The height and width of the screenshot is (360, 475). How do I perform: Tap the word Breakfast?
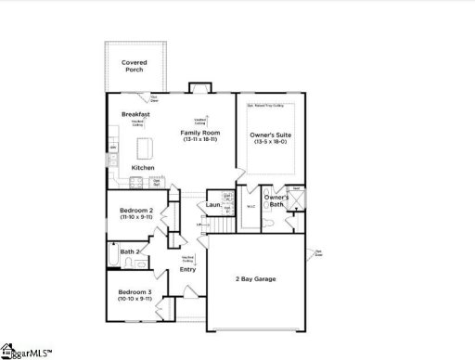(x=135, y=114)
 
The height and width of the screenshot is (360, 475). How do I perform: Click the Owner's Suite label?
(x=269, y=135)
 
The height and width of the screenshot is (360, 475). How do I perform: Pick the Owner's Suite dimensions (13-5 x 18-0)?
(x=269, y=142)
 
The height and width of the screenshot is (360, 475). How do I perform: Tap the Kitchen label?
(x=142, y=167)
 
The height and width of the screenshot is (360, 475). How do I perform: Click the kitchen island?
(x=145, y=147)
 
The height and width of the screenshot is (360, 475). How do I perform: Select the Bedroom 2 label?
(x=136, y=211)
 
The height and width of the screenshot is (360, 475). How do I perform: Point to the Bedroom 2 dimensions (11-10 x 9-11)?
(x=136, y=219)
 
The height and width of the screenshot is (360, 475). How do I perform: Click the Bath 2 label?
(x=130, y=251)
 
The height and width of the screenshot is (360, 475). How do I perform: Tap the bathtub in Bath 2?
(x=113, y=251)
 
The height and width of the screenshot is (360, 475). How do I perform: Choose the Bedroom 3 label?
(x=135, y=292)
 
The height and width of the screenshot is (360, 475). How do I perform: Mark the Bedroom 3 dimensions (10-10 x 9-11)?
(x=135, y=300)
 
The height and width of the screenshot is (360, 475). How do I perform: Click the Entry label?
(x=188, y=270)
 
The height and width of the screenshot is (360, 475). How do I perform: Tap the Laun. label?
(x=213, y=205)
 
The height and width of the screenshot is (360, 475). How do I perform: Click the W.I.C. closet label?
(x=250, y=207)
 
